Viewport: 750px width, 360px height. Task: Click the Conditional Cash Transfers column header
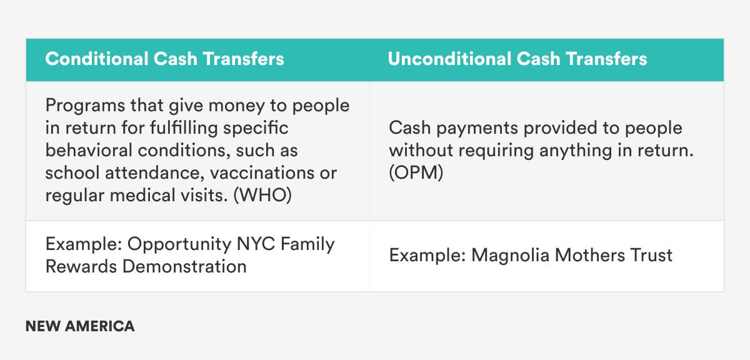(x=165, y=59)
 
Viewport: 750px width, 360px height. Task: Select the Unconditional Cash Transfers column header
(x=517, y=59)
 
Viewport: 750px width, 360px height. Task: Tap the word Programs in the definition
(x=85, y=106)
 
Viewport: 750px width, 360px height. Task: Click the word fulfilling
(x=184, y=128)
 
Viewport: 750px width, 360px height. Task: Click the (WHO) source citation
(x=262, y=195)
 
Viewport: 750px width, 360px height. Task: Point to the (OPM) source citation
(x=416, y=172)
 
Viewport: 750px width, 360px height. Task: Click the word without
(x=421, y=151)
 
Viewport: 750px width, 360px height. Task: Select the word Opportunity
(x=179, y=244)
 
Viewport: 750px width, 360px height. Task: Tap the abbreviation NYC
(x=256, y=244)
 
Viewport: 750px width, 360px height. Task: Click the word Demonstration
(x=184, y=267)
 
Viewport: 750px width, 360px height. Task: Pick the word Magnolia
(x=510, y=256)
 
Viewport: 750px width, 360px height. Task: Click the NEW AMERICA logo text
(x=80, y=326)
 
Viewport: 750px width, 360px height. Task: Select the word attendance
(x=155, y=172)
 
